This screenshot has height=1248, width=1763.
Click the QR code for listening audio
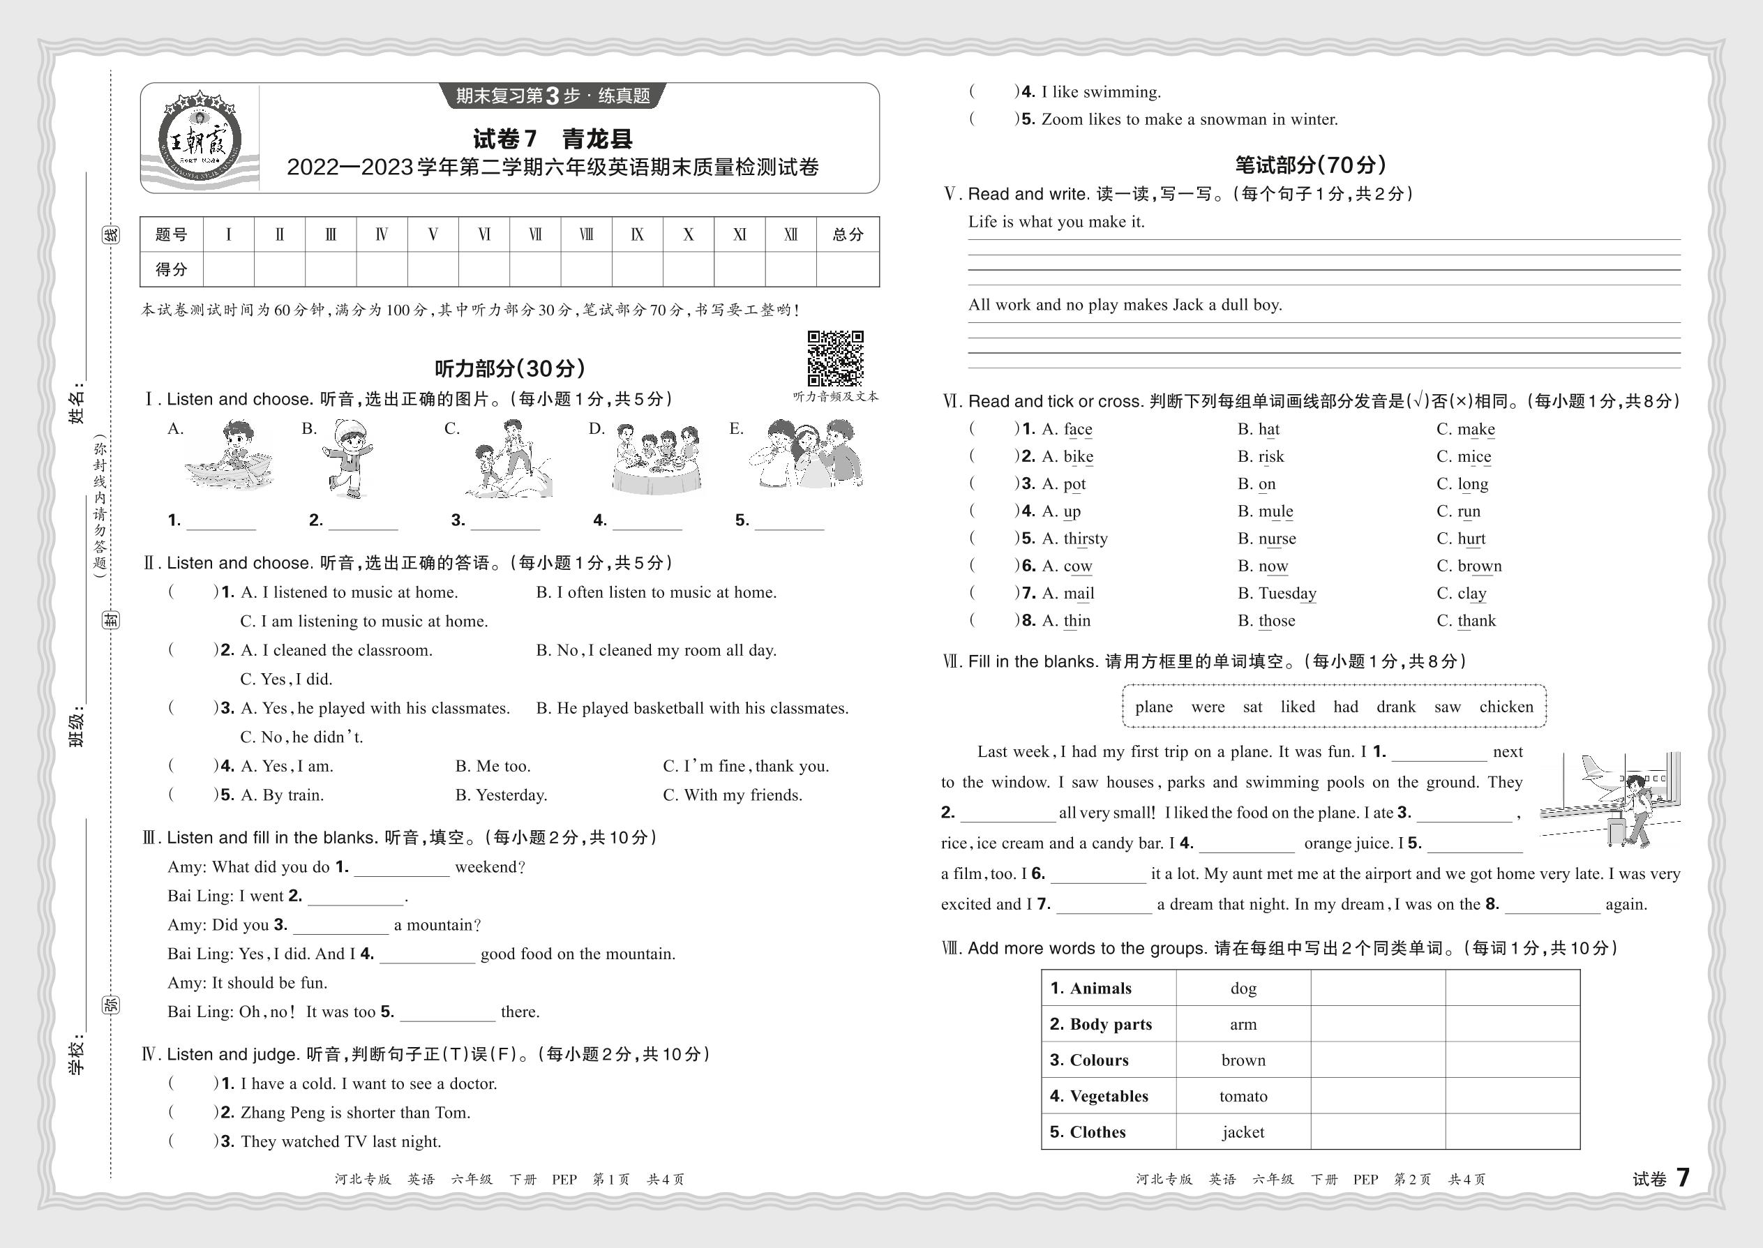point(834,358)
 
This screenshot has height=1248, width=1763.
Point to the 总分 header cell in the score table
point(847,234)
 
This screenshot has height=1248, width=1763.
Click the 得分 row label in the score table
point(171,270)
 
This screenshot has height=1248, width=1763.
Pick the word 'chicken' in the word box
point(1506,707)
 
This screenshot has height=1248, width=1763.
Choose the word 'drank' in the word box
point(1395,707)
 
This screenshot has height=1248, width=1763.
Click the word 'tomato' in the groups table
point(1243,1097)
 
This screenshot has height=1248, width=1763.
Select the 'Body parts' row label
point(1100,1024)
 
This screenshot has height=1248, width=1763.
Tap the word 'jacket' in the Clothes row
point(1243,1132)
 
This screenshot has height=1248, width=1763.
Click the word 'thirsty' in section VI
point(1085,539)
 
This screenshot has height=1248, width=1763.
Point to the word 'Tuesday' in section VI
point(1287,593)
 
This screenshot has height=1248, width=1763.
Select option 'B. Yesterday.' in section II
point(501,795)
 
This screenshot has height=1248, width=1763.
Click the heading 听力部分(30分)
point(509,369)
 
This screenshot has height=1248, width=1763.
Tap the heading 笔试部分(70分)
point(1310,165)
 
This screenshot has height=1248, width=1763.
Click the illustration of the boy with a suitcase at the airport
point(1611,799)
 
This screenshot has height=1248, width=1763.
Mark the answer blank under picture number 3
point(505,521)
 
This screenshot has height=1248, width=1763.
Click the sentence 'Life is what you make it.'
point(1056,222)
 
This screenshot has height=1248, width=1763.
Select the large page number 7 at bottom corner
point(1682,1178)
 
